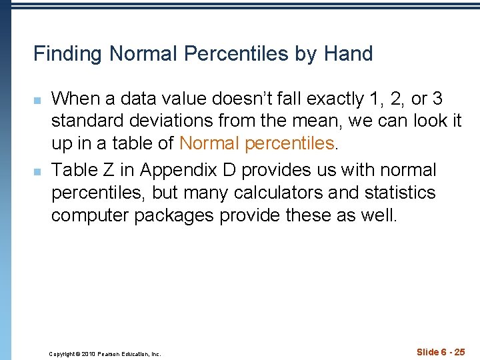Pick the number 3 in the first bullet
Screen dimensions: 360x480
[x=437, y=99]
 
